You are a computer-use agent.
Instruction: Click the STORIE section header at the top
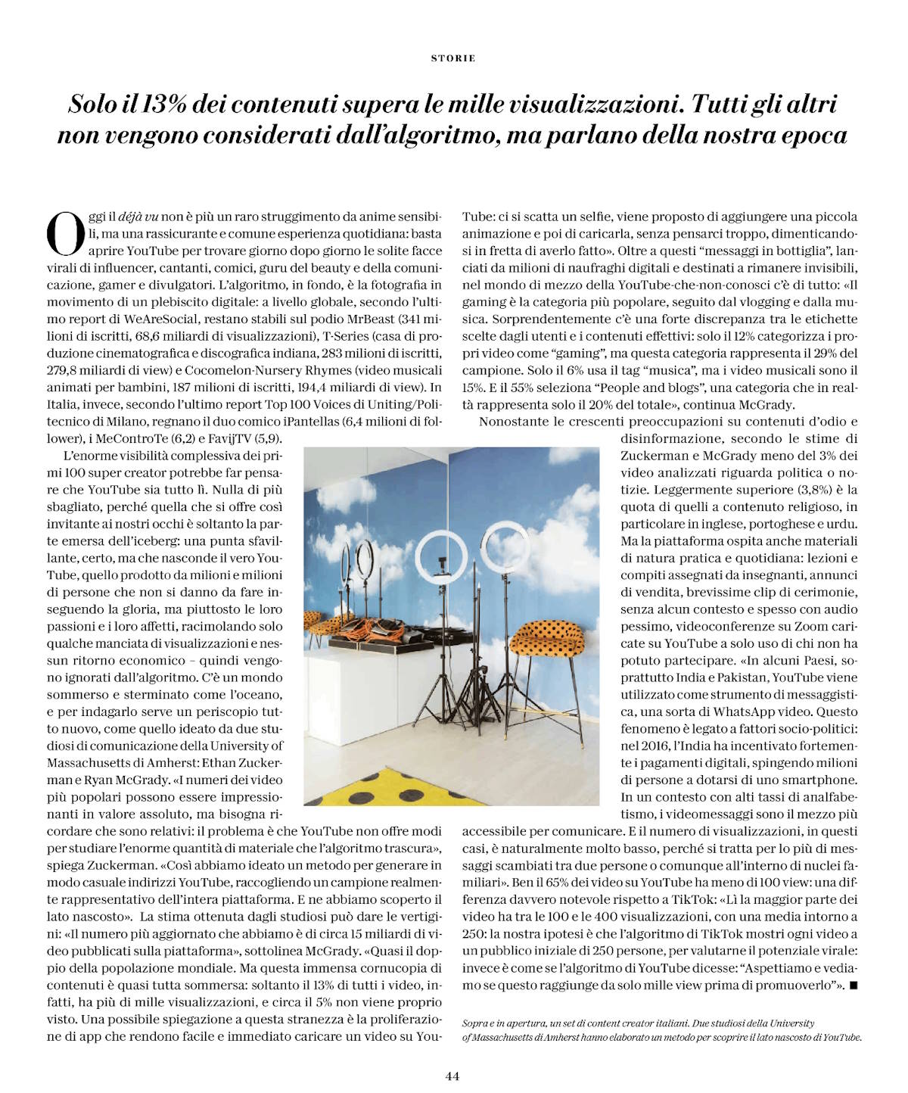(453, 58)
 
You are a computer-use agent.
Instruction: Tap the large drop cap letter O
(66, 233)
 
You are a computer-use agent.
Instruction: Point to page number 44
(452, 1076)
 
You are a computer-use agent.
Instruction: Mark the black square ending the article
(854, 986)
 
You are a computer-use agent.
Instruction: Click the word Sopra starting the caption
(475, 1023)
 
